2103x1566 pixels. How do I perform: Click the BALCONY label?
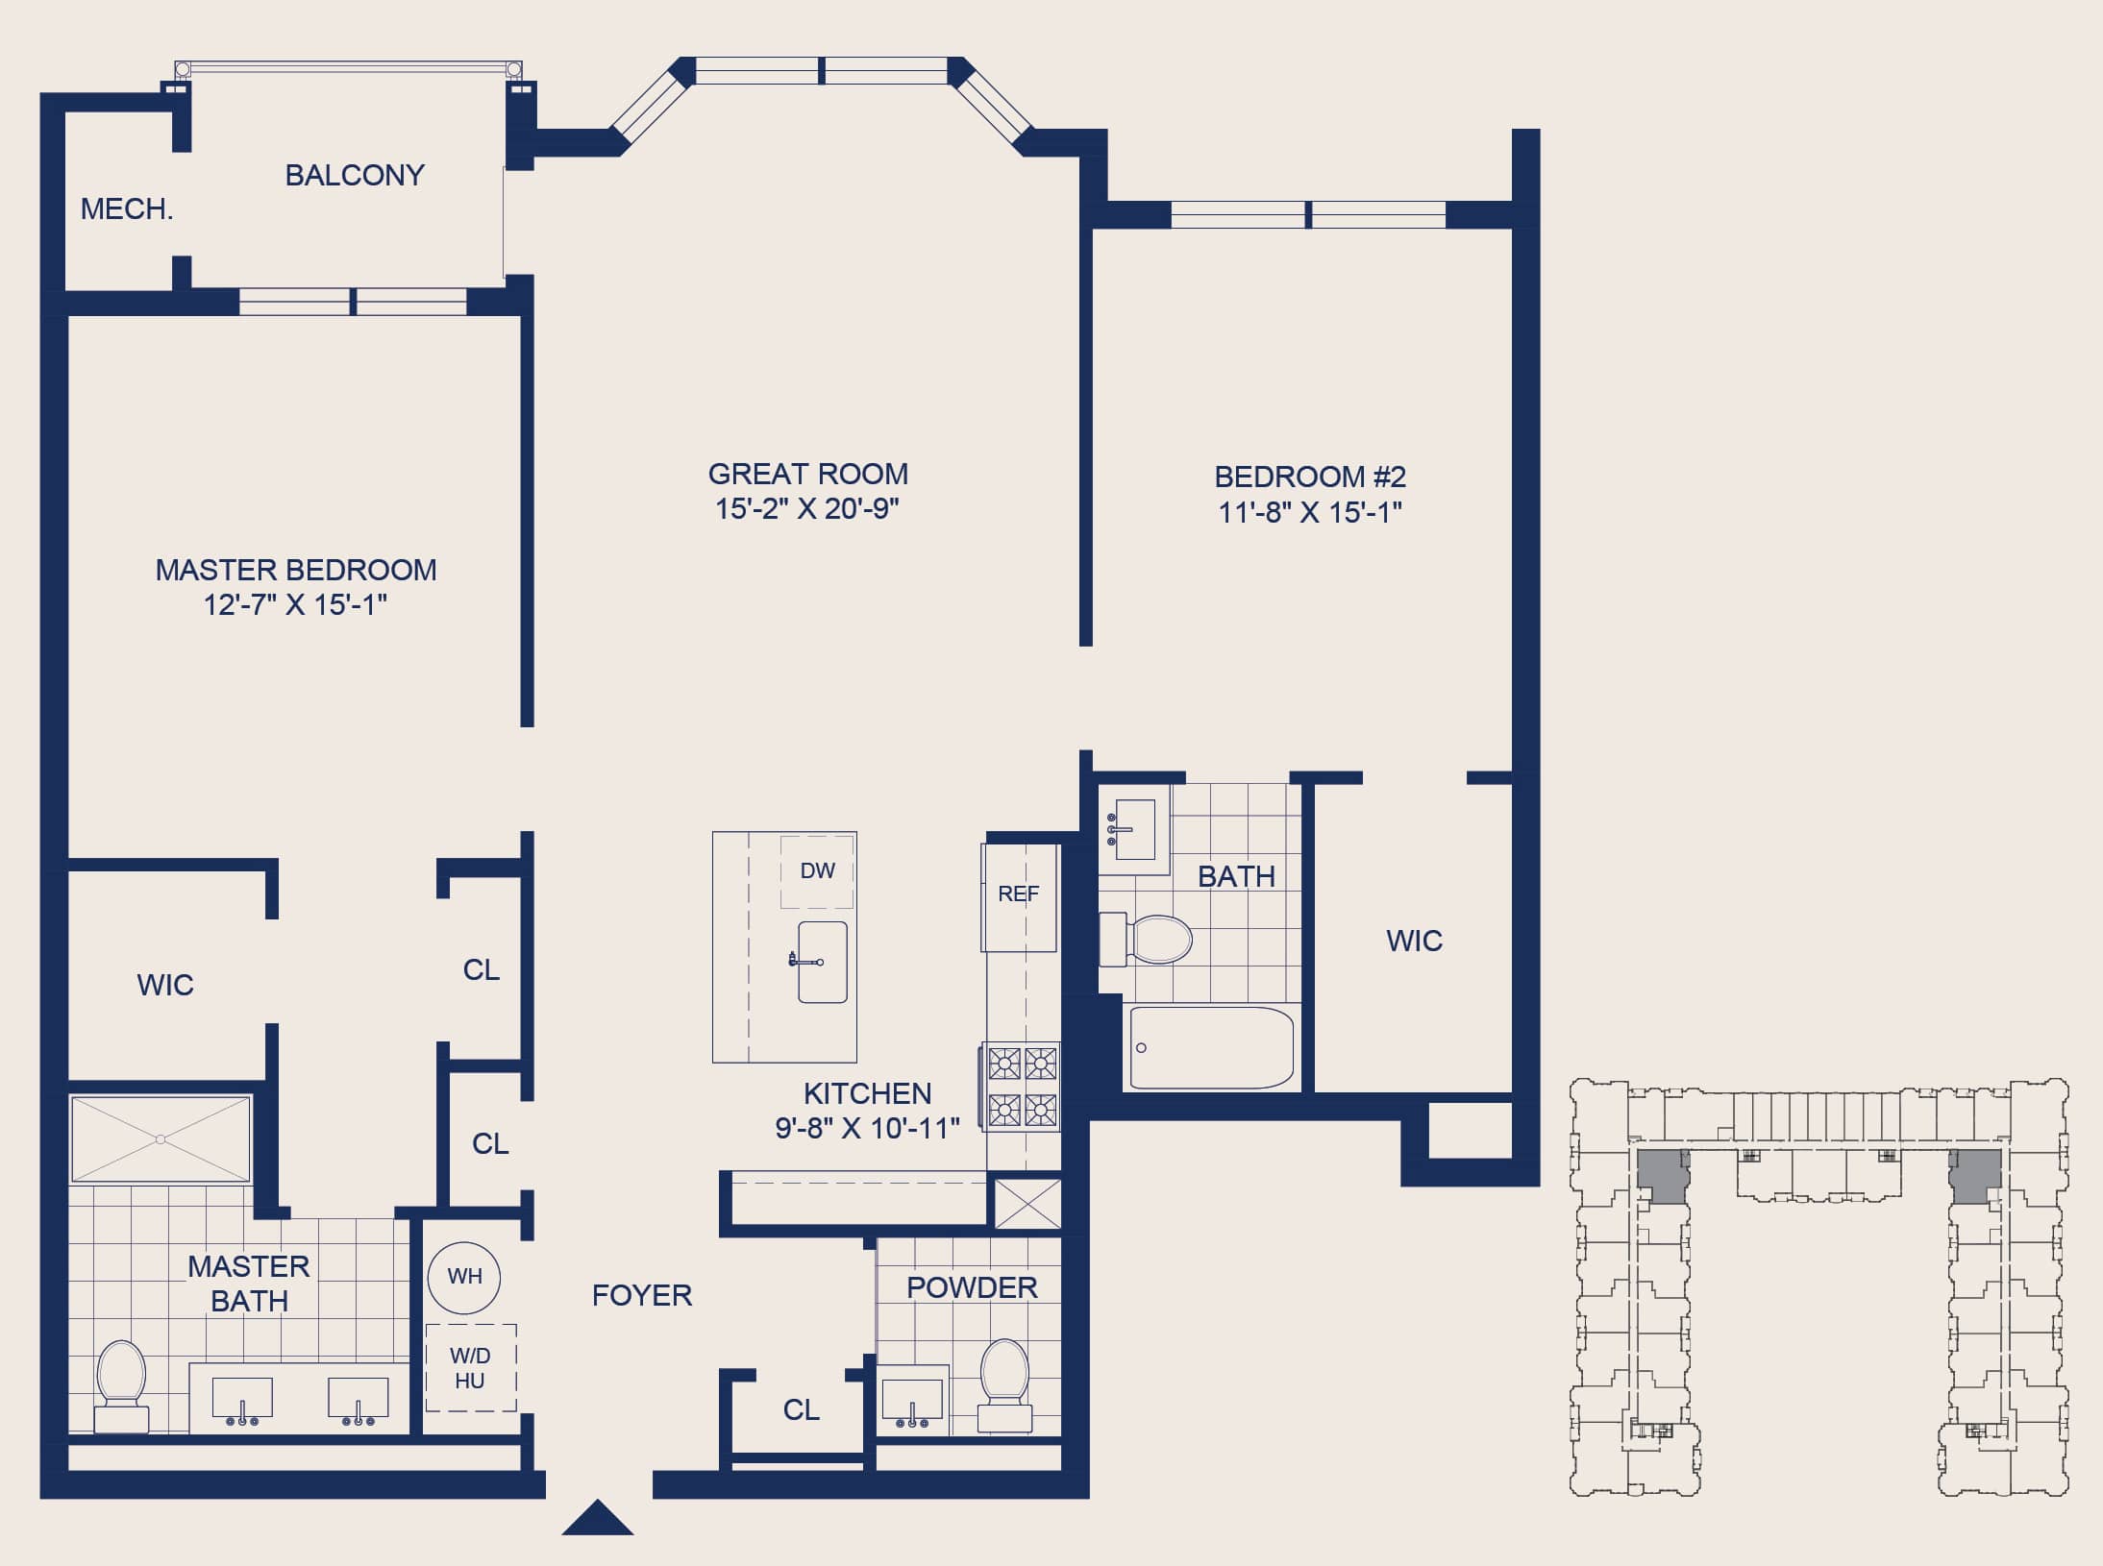pos(355,175)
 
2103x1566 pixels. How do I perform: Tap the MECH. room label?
pos(127,208)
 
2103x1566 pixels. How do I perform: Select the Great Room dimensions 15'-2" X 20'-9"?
pos(806,508)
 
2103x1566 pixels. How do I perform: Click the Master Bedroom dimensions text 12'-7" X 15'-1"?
pos(295,604)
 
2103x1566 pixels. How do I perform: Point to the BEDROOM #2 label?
pos(1310,477)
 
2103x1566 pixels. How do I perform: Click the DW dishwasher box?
pos(817,871)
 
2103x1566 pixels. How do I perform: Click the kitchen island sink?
pos(823,962)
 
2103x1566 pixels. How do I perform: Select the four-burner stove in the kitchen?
pos(1021,1087)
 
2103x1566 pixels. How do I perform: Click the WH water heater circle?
pos(464,1277)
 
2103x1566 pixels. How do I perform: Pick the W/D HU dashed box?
pos(471,1368)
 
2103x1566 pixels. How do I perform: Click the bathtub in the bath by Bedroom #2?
pos(1212,1047)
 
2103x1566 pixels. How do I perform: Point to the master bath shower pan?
pos(161,1139)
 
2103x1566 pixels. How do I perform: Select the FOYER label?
pos(642,1295)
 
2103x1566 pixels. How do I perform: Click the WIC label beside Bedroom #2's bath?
pos(1414,941)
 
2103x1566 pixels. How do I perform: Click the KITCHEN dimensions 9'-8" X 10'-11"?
pos(867,1128)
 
